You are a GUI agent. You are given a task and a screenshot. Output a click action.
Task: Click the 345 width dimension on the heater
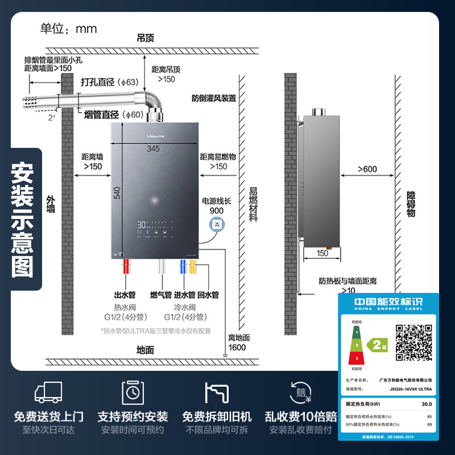tap(152, 148)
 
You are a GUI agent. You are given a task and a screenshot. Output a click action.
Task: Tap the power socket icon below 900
tap(216, 225)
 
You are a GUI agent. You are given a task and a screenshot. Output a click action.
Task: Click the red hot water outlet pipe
tap(126, 268)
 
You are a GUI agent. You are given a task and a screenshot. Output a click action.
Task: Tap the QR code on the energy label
tap(414, 342)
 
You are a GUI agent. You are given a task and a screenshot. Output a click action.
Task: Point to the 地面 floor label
tap(146, 350)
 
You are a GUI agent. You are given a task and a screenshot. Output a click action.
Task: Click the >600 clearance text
tap(367, 169)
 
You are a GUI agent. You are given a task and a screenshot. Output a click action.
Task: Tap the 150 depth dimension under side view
tap(322, 253)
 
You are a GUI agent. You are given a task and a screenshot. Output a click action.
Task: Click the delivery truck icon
tap(48, 392)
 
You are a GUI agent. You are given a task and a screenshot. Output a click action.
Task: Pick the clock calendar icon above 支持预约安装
tap(133, 392)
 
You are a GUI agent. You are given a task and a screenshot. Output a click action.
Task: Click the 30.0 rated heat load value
tap(425, 404)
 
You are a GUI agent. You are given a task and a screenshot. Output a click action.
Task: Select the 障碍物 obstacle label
tap(411, 204)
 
